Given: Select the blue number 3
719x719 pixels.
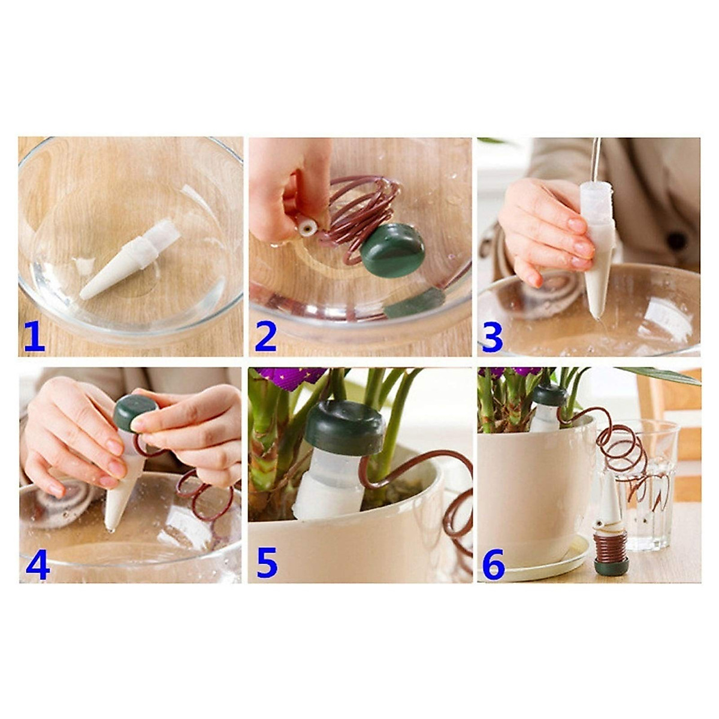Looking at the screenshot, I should [493, 337].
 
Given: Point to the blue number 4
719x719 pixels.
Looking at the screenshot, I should [37, 565].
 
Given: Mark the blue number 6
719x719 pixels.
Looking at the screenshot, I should [494, 565].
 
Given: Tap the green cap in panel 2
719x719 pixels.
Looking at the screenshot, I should [392, 250].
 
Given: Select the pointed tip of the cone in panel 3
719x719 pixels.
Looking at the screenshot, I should [595, 314].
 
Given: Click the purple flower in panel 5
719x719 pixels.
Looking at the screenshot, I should [294, 378].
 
